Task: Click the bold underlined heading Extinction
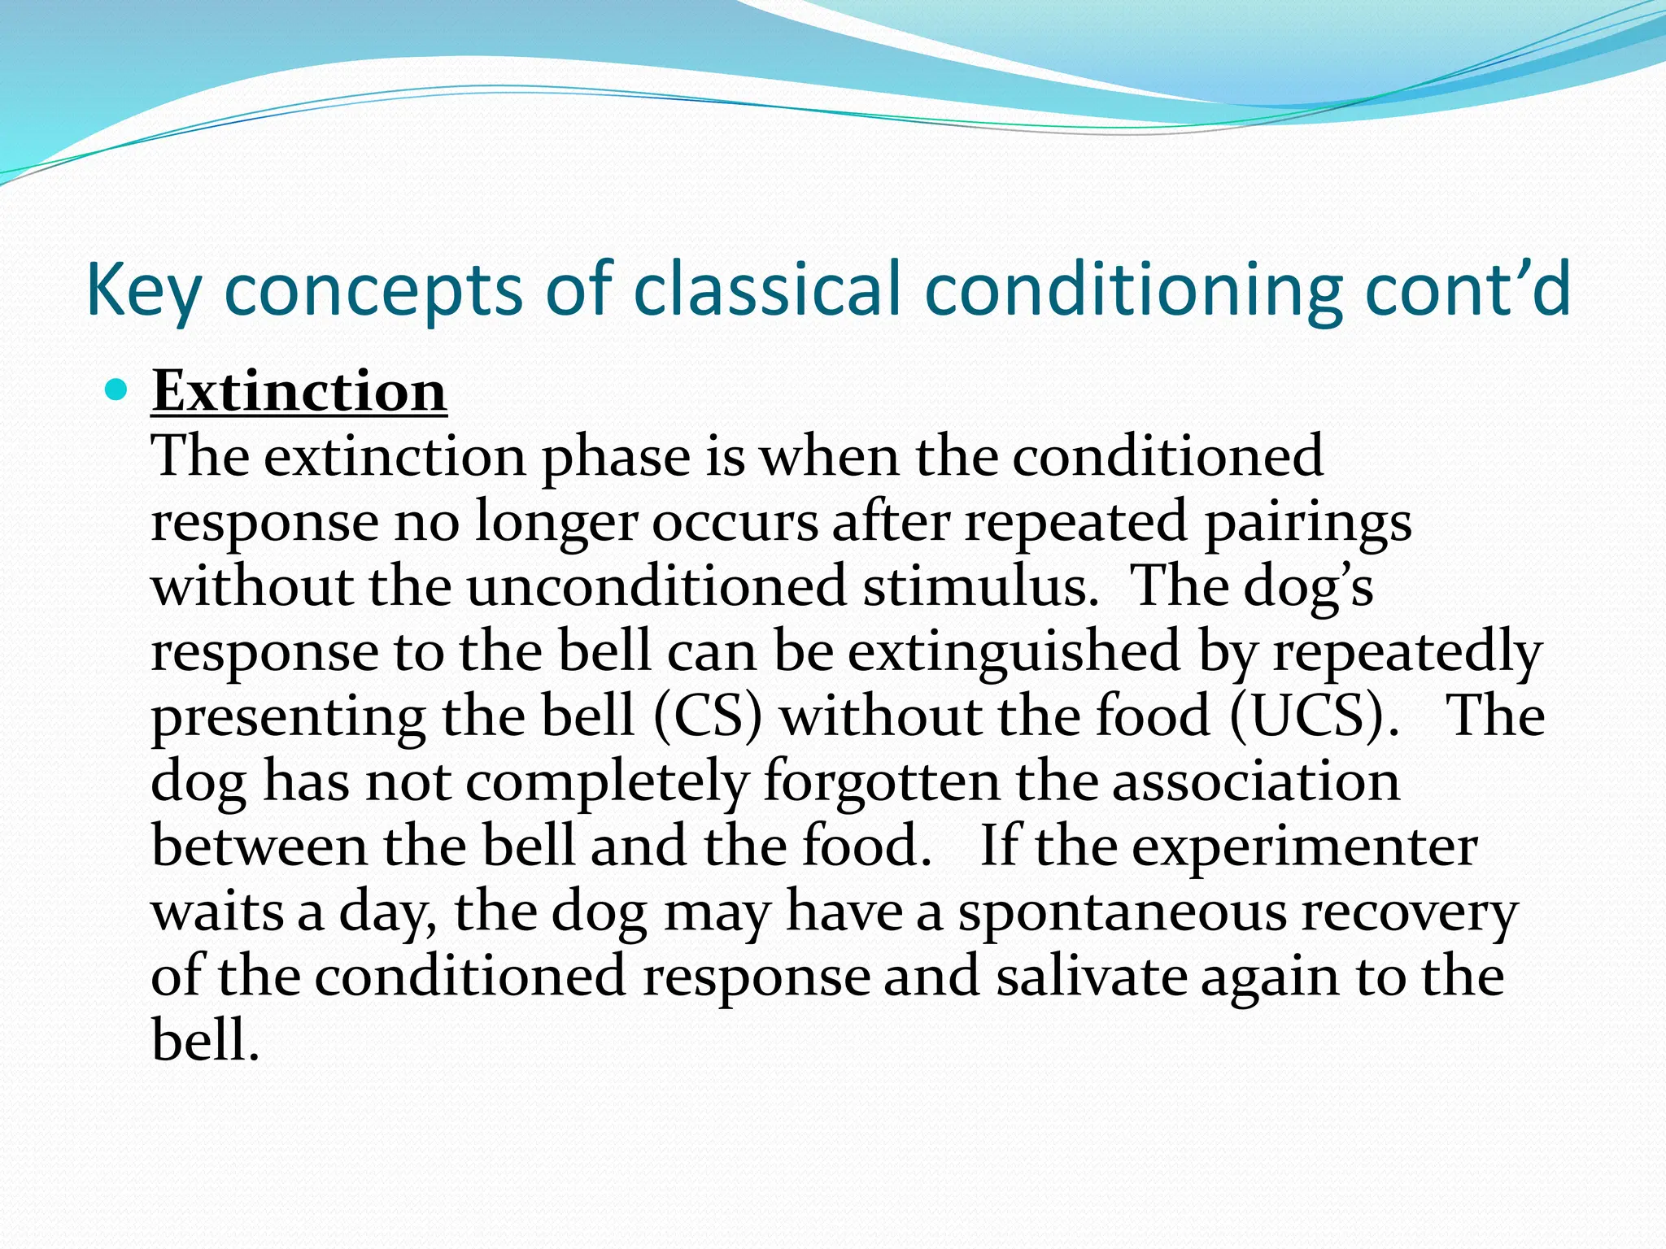pos(299,392)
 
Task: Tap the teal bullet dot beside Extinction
pos(117,391)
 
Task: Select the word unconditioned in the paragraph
pos(656,586)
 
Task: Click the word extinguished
pos(1014,651)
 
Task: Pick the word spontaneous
pos(1122,912)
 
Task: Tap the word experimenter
pos(1304,846)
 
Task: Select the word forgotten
pos(881,781)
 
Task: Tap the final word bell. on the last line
pos(205,1040)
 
